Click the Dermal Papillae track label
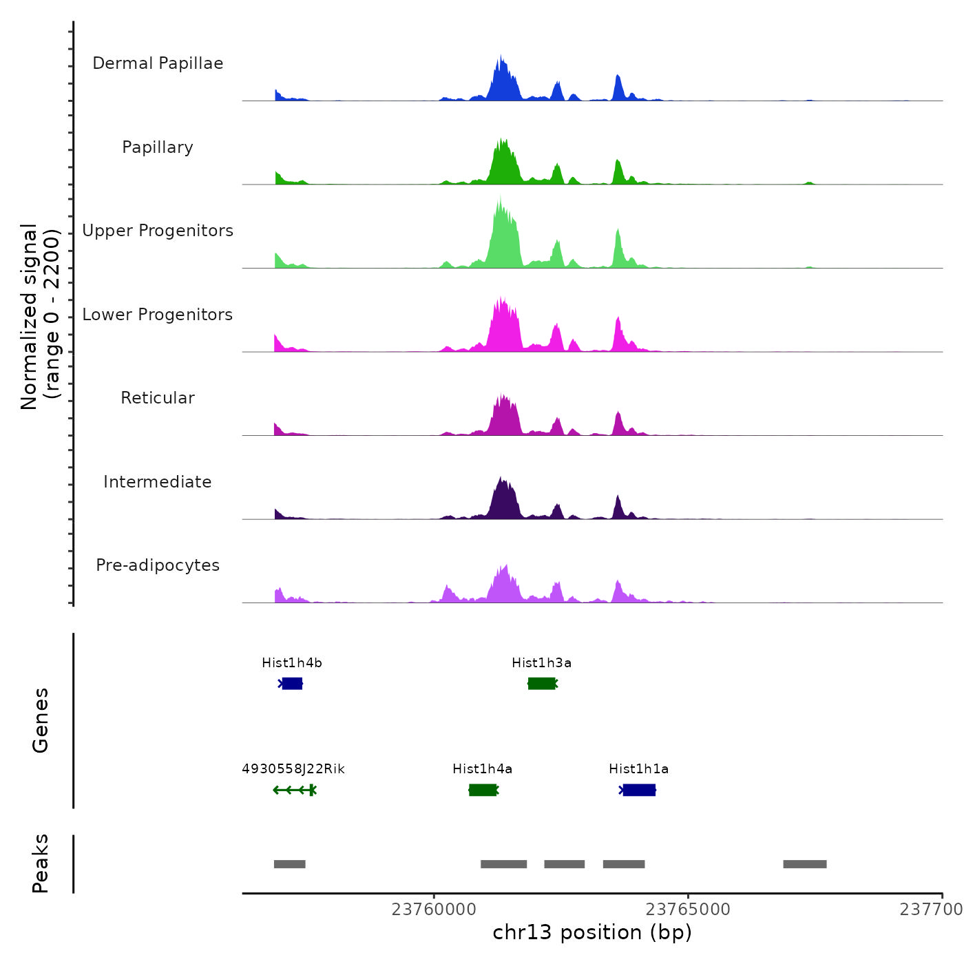158,63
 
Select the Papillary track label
158,147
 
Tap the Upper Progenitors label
158,231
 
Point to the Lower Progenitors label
158,315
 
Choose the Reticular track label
158,398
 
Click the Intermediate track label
158,482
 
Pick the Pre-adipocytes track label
158,565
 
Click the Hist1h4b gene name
292,663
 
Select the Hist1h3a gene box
542,683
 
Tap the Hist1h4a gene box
483,790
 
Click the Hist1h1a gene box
639,790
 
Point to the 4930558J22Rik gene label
293,769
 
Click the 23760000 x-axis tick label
434,910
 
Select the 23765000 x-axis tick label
688,910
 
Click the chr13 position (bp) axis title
592,932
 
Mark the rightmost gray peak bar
804,864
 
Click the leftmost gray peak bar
289,864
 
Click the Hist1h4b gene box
292,683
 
